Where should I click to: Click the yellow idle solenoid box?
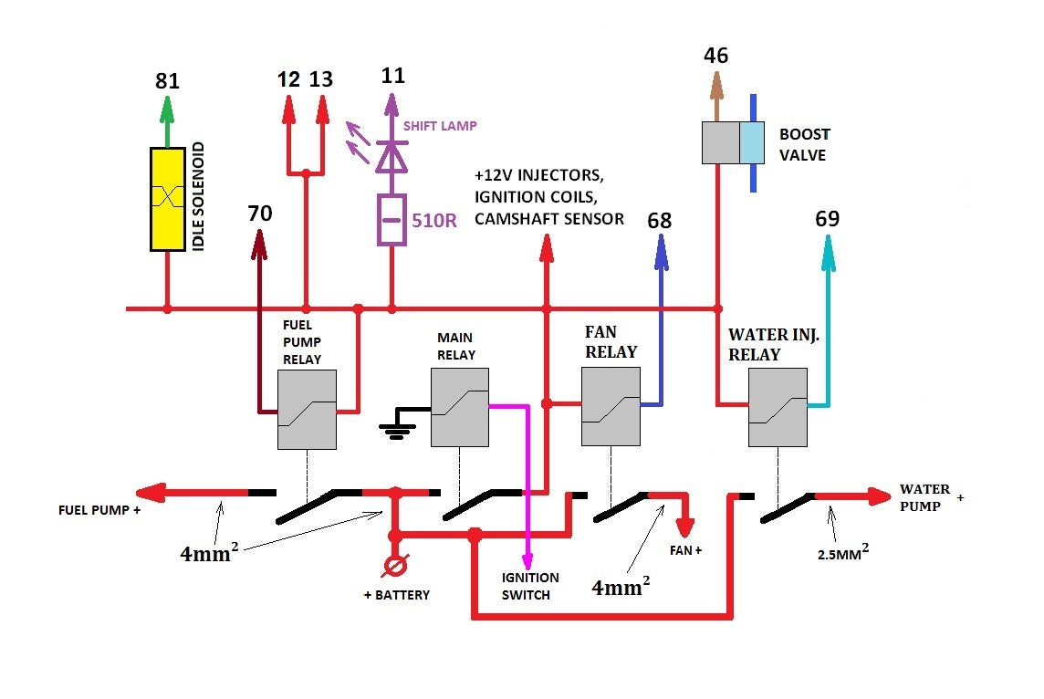click(x=167, y=198)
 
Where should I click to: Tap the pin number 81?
click(x=167, y=81)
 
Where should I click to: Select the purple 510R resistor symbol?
click(x=391, y=220)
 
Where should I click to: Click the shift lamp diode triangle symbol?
click(x=391, y=158)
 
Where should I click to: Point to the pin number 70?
click(x=260, y=214)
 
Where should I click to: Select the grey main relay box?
click(x=459, y=407)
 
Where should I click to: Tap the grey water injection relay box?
click(x=777, y=407)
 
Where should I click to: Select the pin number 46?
click(x=716, y=56)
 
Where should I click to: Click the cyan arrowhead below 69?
click(x=828, y=253)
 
